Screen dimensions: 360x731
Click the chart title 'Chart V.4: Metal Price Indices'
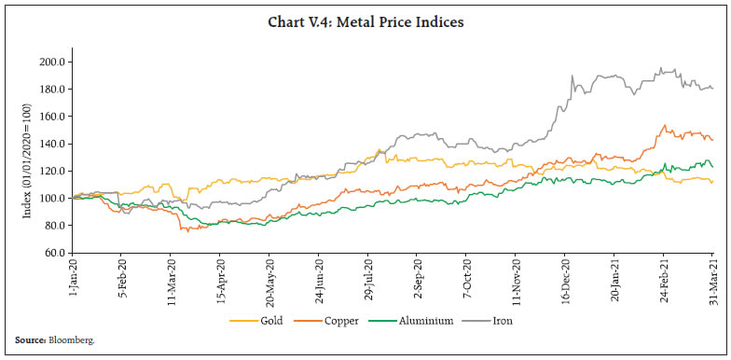(365, 22)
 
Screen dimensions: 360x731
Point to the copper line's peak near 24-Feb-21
(664, 125)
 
